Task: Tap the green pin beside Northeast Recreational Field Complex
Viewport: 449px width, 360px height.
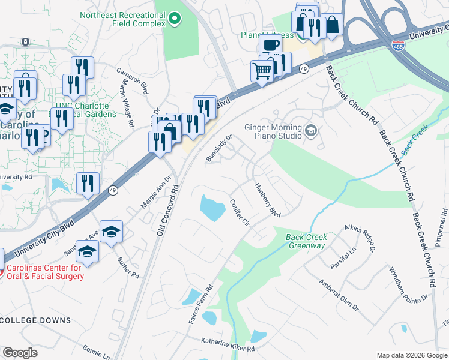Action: [x=175, y=19]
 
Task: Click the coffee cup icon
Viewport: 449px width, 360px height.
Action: [x=270, y=45]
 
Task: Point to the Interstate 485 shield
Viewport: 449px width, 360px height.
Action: [x=398, y=46]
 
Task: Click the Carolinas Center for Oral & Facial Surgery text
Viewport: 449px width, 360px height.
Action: [x=45, y=272]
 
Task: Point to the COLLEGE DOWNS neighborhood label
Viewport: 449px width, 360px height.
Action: [x=35, y=320]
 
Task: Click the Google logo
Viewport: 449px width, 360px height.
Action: [x=20, y=353]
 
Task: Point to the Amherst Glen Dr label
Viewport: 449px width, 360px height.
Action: [x=339, y=294]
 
